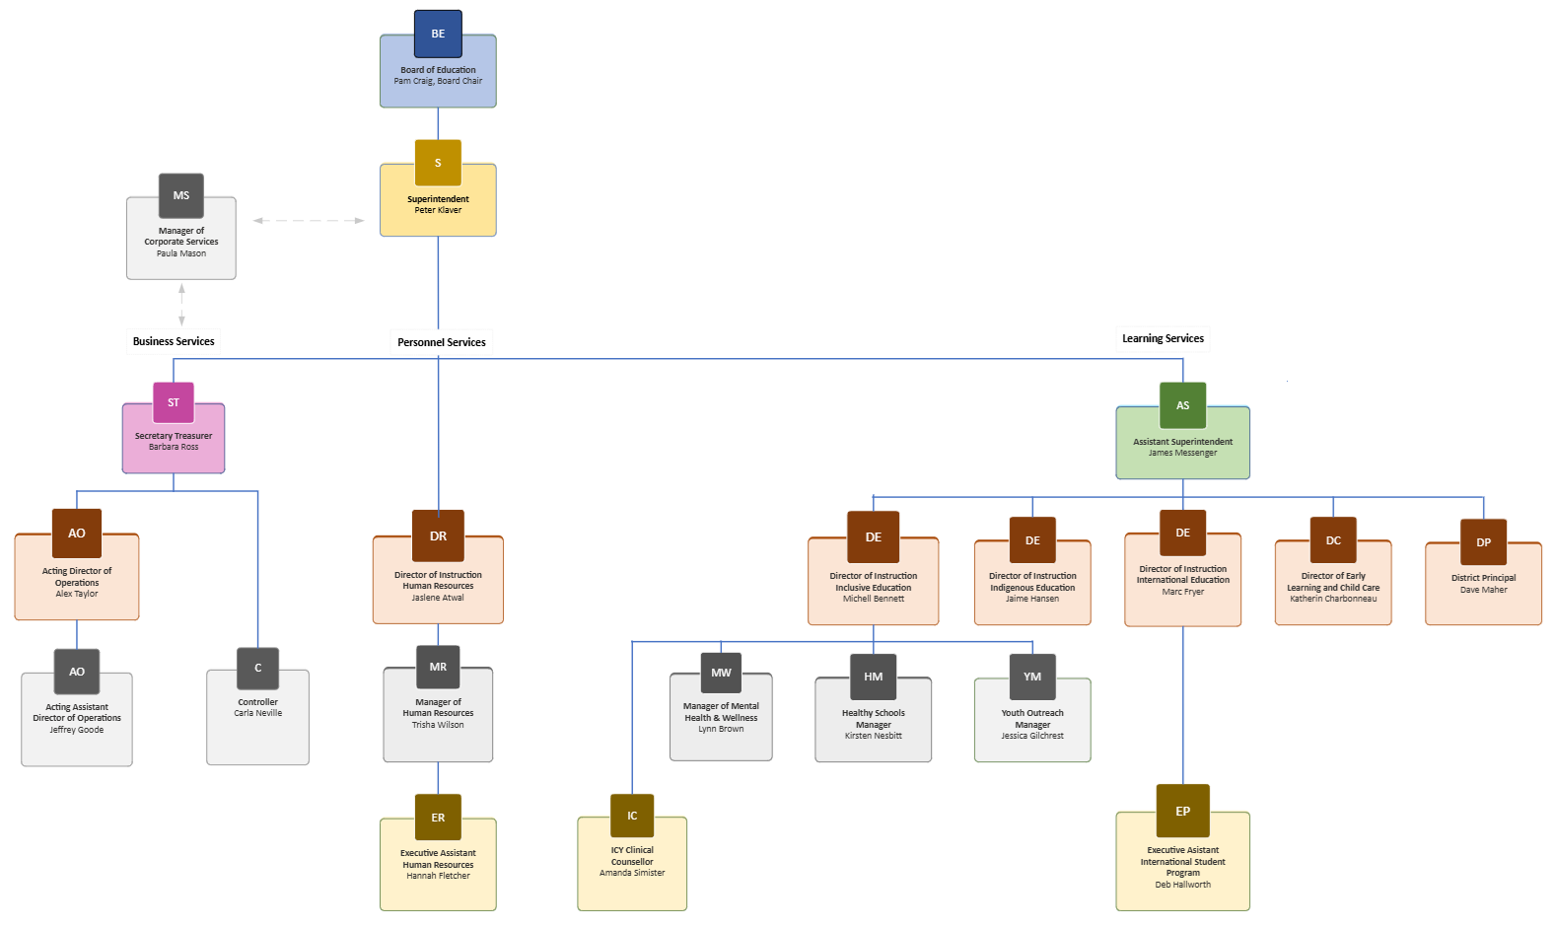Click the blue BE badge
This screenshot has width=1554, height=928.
[438, 34]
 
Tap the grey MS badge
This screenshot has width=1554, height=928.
[181, 195]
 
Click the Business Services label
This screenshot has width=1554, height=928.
[174, 341]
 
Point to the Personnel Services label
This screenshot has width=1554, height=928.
[441, 342]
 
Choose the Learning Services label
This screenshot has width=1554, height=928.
[1163, 338]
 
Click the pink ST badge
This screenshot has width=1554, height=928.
[174, 402]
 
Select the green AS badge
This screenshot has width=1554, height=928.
[1182, 405]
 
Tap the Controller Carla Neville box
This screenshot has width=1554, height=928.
[257, 720]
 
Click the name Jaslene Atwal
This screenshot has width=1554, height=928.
[438, 598]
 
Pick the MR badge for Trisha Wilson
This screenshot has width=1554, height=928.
[438, 667]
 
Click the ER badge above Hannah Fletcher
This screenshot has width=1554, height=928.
[438, 818]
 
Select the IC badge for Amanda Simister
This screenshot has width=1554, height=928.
[632, 816]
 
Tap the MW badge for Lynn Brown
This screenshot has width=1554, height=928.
[721, 673]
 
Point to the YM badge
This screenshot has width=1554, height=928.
[1032, 677]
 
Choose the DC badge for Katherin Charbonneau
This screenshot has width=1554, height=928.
[1333, 540]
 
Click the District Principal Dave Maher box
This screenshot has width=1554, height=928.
[1483, 587]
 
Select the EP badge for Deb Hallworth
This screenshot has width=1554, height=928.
[1182, 811]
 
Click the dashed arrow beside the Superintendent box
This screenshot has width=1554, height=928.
[309, 221]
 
